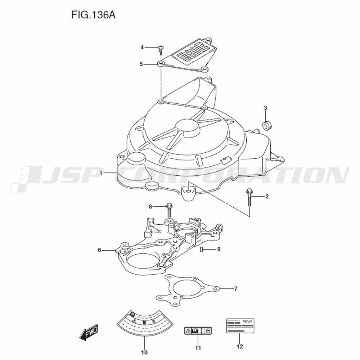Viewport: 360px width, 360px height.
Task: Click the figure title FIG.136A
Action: (93, 15)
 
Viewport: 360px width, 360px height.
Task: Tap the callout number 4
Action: (142, 47)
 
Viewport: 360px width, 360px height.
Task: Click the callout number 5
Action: (141, 64)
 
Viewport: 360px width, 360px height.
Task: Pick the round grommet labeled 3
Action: (267, 126)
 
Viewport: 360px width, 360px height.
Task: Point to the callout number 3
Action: (265, 108)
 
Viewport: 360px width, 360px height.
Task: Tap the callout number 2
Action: (267, 197)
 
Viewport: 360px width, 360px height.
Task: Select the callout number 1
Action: (101, 173)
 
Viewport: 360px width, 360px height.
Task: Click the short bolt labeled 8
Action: (169, 210)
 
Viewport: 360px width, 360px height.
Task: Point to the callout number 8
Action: (150, 207)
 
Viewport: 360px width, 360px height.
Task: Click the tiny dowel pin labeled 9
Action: (201, 249)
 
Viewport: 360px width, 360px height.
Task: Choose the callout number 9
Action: (219, 249)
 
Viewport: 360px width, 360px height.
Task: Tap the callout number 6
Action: (99, 250)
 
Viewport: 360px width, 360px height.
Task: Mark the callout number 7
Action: (236, 289)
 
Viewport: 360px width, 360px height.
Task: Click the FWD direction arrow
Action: (89, 332)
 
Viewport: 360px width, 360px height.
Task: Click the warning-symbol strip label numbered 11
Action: (198, 330)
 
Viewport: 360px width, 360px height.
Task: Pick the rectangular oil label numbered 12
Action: (240, 325)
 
